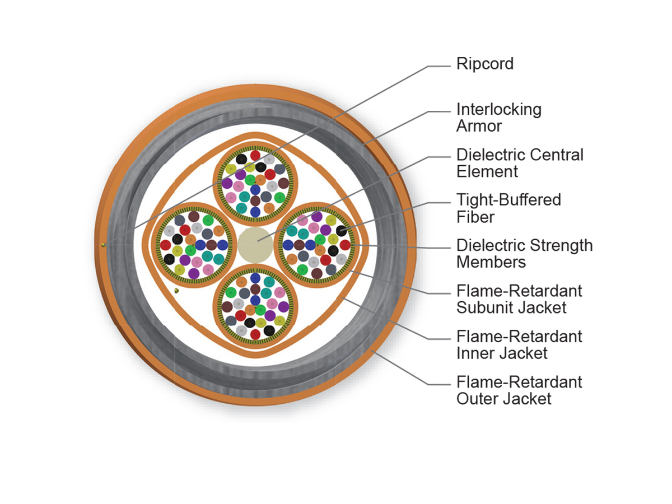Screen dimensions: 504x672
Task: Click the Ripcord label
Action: [x=484, y=64]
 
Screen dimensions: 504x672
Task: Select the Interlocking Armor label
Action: [x=498, y=118]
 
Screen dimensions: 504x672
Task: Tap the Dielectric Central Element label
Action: [x=520, y=163]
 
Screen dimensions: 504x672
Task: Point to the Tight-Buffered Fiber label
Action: [x=508, y=208]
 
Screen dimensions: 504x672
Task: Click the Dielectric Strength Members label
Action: [x=524, y=254]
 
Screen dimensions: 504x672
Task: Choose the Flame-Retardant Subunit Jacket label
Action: [x=519, y=299]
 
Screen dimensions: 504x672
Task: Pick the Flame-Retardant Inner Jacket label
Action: [x=519, y=344]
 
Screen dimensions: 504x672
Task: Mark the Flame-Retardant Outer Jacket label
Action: [x=519, y=390]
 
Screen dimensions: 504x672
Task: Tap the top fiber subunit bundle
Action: [x=255, y=183]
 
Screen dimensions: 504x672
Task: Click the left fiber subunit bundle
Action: [x=194, y=245]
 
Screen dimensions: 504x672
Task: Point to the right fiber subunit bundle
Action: [x=317, y=245]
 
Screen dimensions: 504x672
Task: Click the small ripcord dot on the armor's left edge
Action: [x=104, y=244]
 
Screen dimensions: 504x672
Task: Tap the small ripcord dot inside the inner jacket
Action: [x=176, y=291]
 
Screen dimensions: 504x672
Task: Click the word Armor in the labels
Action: [x=479, y=126]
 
